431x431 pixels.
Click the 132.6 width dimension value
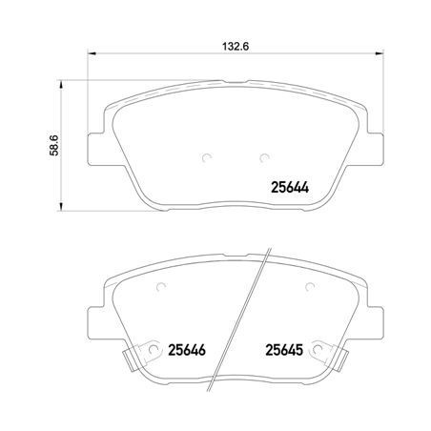[236, 47]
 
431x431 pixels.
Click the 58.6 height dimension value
[54, 145]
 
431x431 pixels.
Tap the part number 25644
[290, 188]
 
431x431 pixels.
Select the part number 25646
[187, 350]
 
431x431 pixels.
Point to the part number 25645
[284, 350]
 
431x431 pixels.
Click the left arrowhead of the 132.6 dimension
[92, 53]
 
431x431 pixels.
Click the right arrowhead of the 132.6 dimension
[380, 53]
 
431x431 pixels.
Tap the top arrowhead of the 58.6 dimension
[61, 85]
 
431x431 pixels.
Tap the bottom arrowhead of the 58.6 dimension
[61, 206]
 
